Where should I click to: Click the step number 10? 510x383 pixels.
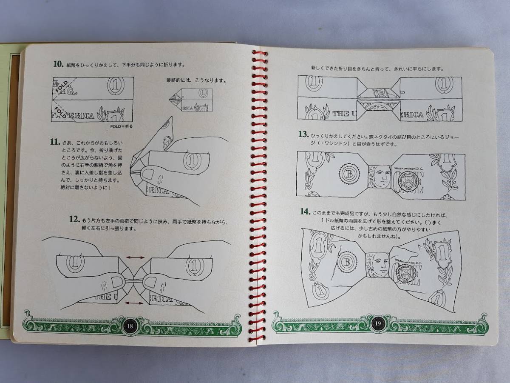[x=58, y=64]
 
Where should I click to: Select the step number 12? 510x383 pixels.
[x=74, y=220]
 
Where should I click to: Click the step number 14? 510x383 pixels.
[x=305, y=212]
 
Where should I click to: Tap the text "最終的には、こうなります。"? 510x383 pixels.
[x=196, y=80]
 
